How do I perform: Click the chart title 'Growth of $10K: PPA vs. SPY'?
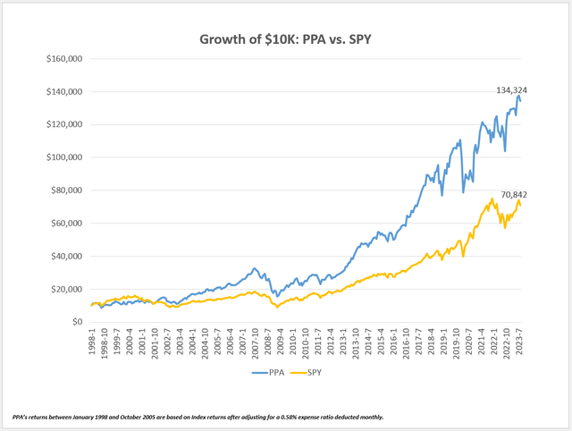point(286,39)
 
